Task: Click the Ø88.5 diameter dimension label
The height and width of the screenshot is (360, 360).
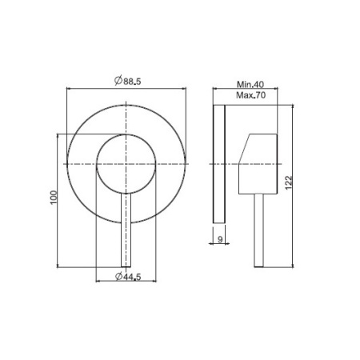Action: coord(127,81)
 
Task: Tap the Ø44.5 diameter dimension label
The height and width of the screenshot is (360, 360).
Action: coord(128,277)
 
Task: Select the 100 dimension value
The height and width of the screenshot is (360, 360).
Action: coord(54,198)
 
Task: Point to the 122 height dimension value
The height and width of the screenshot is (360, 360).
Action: coord(289,182)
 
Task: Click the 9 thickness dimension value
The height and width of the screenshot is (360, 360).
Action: coord(220,239)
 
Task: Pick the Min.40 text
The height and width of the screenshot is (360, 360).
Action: coord(250,85)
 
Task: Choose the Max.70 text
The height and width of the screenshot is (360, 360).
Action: coord(250,95)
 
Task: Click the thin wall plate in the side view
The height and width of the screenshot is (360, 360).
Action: coord(219,164)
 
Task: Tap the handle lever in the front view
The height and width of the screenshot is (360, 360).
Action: coord(126,230)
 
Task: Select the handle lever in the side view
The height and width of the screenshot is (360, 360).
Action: coord(258,230)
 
